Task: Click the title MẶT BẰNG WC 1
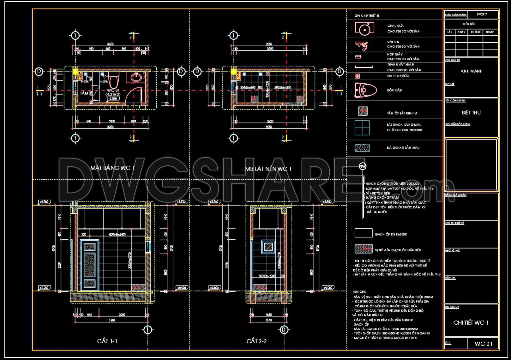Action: (112, 168)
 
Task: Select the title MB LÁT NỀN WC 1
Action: (268, 169)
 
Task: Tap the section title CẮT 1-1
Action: (107, 341)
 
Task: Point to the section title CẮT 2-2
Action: (256, 341)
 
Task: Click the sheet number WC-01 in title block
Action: (483, 344)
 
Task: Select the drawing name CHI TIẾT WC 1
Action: (471, 323)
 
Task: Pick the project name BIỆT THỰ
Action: (471, 113)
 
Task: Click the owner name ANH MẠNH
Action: (471, 71)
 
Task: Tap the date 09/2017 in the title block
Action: (482, 15)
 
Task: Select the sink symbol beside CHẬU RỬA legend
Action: (364, 28)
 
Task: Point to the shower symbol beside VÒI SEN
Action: (362, 45)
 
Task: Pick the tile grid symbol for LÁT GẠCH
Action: (362, 128)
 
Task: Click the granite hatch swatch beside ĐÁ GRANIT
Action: (362, 148)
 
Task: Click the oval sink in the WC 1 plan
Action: (136, 78)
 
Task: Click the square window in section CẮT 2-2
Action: (268, 247)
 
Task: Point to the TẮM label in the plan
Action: (84, 93)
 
